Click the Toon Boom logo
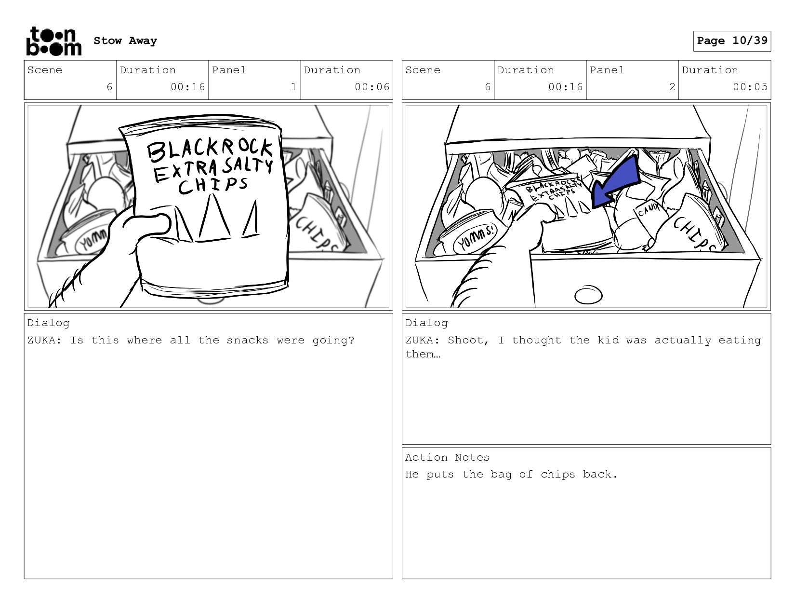click(53, 41)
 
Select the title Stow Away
click(125, 41)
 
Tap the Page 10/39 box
click(732, 41)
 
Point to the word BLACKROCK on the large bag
click(210, 150)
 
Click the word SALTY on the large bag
click(248, 166)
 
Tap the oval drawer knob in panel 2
click(588, 295)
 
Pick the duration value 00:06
click(371, 87)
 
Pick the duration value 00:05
click(750, 87)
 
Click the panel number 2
click(672, 87)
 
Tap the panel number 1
click(294, 87)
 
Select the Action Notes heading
click(447, 457)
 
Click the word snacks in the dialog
click(247, 340)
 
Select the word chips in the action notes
click(557, 475)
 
